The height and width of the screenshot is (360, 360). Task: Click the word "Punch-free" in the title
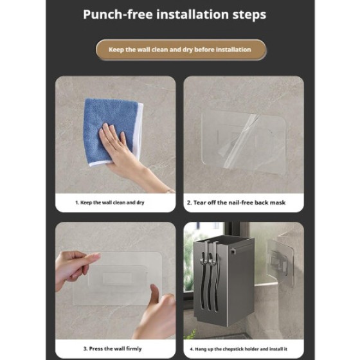[118, 14]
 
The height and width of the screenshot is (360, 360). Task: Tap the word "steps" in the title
[249, 15]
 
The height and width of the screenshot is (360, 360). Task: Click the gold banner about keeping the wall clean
[181, 50]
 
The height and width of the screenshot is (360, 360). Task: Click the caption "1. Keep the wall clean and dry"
[110, 203]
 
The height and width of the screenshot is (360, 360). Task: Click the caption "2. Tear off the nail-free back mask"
[236, 203]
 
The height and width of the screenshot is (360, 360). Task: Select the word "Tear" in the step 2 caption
[200, 203]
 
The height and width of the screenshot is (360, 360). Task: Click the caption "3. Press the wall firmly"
[113, 348]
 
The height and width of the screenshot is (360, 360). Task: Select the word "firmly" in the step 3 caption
[134, 348]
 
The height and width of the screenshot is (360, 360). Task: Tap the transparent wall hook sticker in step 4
[280, 262]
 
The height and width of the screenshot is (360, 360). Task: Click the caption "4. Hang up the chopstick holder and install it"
[239, 349]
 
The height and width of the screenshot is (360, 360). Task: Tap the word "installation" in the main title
[193, 14]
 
